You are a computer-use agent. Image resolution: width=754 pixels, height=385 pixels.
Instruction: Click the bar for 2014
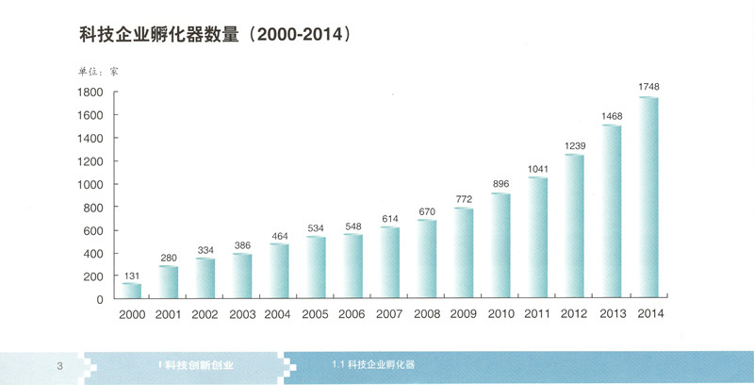click(648, 198)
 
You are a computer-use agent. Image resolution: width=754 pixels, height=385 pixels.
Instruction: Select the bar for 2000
click(132, 291)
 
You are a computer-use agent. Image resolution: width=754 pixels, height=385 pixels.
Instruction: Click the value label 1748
click(648, 87)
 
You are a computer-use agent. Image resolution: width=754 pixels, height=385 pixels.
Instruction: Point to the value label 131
click(132, 275)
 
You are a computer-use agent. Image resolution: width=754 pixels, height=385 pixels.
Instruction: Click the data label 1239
click(575, 144)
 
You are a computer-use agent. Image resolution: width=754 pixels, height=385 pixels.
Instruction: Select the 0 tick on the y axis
click(99, 300)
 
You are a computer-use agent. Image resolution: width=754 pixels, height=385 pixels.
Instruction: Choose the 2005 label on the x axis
click(316, 314)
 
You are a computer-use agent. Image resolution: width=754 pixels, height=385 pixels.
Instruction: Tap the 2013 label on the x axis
click(612, 314)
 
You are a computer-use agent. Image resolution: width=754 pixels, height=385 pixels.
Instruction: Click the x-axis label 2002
click(205, 314)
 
